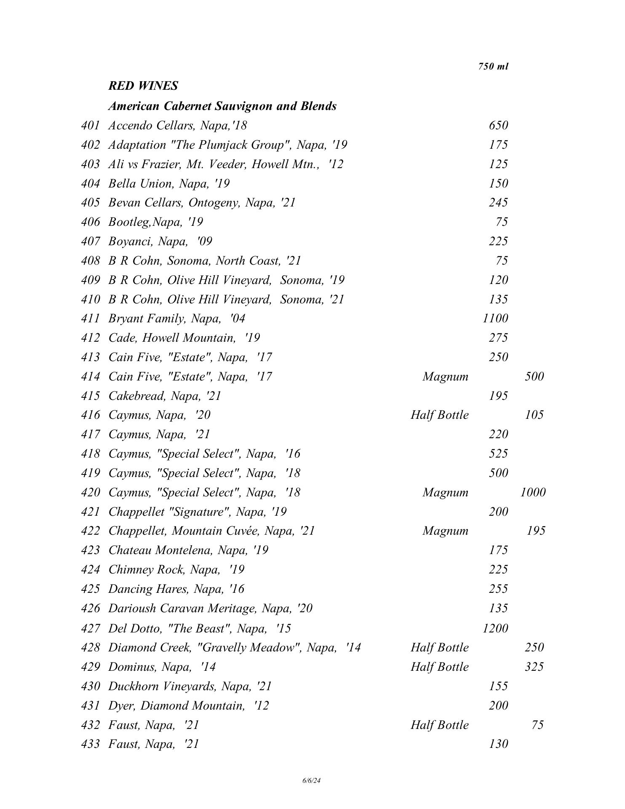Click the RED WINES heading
[x=143, y=86]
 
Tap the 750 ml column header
[x=493, y=67]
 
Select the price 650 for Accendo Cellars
[x=498, y=126]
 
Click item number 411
[x=91, y=319]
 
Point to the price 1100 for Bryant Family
[x=495, y=319]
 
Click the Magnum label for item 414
[x=445, y=376]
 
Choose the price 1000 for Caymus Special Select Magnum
[x=533, y=492]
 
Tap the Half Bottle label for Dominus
[x=439, y=667]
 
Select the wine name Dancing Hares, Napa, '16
[x=176, y=589]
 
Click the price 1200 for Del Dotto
[x=495, y=628]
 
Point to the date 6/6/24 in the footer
[x=312, y=781]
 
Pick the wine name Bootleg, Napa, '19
[x=155, y=222]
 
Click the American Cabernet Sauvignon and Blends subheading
[x=222, y=106]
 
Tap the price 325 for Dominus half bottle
[x=534, y=667]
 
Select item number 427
[x=91, y=628]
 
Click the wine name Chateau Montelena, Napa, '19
[x=188, y=550]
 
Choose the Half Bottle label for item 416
[x=439, y=415]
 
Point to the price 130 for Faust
[x=498, y=744]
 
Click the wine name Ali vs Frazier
[x=226, y=164]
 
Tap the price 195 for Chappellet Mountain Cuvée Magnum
[x=536, y=531]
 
